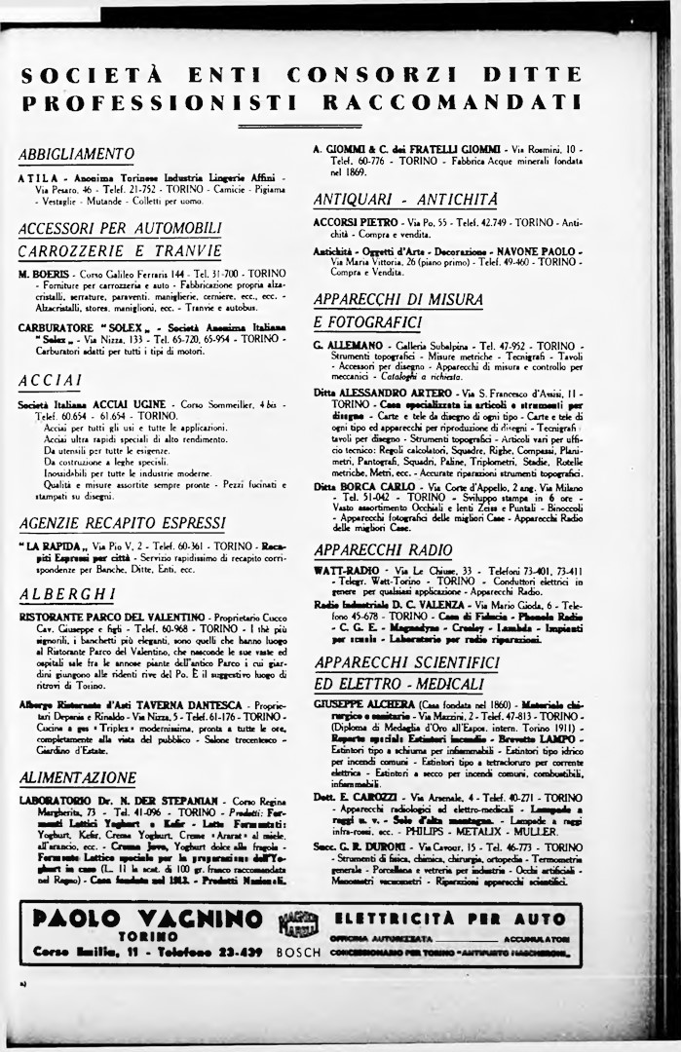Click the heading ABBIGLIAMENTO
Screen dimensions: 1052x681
[77, 154]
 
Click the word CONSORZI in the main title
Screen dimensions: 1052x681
[366, 74]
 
